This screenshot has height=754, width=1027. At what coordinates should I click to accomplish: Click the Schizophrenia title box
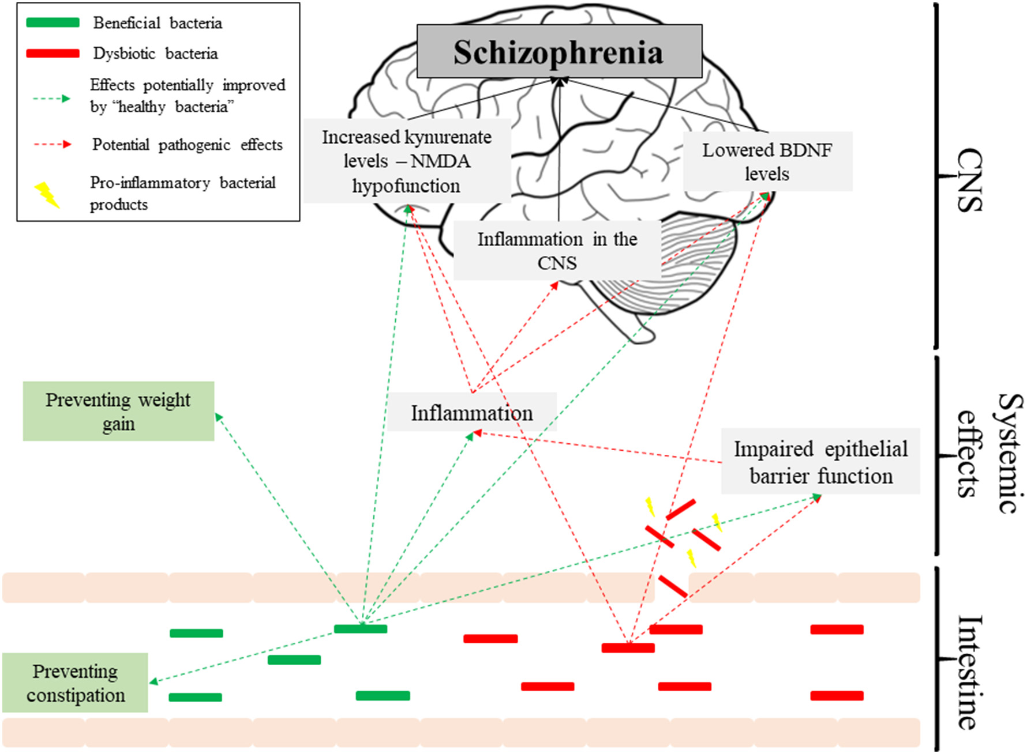559,51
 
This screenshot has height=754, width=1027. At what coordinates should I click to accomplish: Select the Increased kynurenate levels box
407,161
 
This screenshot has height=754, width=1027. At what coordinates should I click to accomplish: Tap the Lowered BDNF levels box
767,161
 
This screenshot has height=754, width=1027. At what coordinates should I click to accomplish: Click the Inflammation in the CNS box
557,251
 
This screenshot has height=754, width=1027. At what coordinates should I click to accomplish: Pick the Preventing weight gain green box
118,411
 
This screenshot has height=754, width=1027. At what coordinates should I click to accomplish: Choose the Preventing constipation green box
75,683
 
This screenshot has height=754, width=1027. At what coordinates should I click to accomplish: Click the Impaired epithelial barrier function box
820,462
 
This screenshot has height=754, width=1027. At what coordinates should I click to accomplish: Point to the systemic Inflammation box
471,413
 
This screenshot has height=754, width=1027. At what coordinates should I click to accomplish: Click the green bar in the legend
53,22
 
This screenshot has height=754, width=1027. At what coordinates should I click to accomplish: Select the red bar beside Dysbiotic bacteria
53,53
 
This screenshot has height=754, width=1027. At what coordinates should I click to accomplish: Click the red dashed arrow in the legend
53,144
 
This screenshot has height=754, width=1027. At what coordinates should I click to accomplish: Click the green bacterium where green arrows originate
361,629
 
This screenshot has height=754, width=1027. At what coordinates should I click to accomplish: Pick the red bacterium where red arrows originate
628,648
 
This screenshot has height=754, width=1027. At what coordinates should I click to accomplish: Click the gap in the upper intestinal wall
672,587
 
